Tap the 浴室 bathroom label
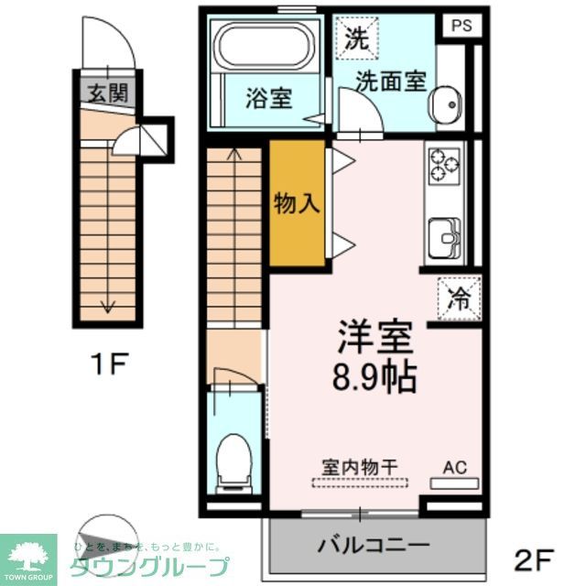pos(268,98)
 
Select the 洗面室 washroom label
pos(391,81)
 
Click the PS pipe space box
pos(461,26)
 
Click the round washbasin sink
pos(448,105)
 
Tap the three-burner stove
pos(444,166)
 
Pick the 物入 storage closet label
pos(298,203)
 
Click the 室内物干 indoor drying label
pos(359,466)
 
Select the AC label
pos(454,467)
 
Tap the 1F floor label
pos(107,365)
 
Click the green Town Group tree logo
pos(28,551)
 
